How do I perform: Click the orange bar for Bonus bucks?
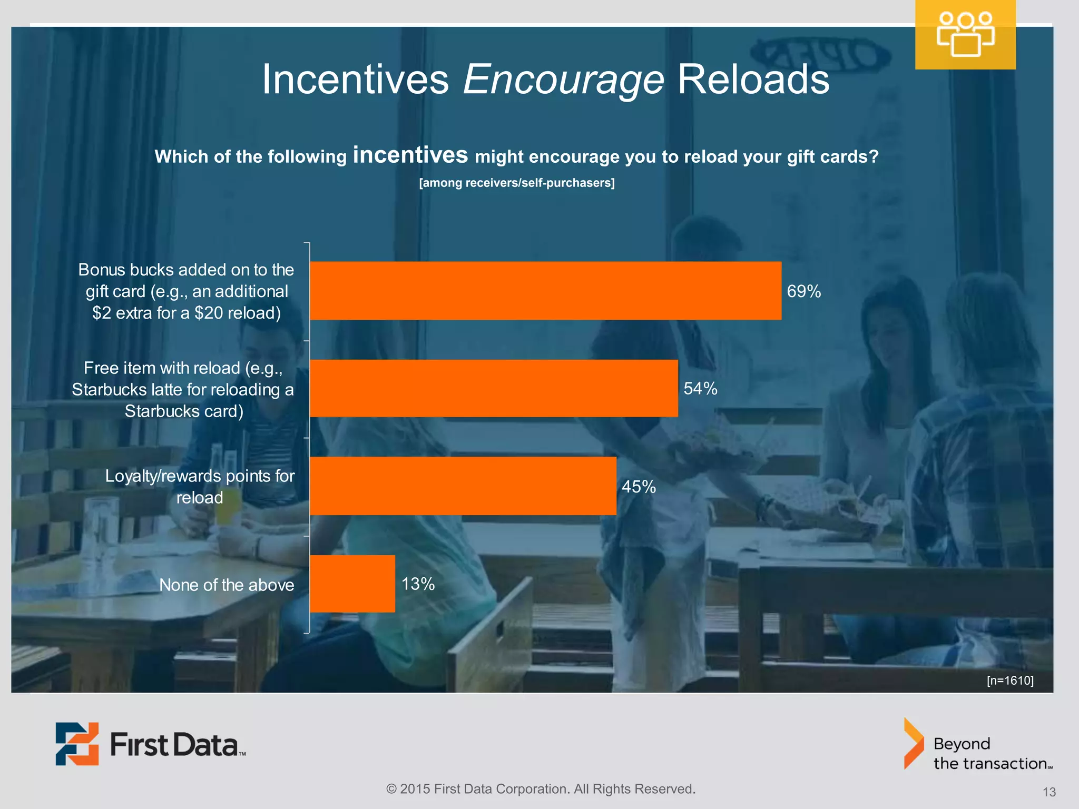[x=545, y=291]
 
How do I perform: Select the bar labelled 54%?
[x=494, y=389]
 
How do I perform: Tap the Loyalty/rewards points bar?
[x=463, y=486]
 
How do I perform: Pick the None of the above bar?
[x=352, y=584]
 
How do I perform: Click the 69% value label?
[x=803, y=291]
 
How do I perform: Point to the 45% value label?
[x=639, y=486]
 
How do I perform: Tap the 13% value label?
[x=418, y=584]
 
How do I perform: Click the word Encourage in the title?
[x=563, y=80]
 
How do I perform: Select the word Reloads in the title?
[x=753, y=80]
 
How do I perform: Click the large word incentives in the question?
[x=410, y=155]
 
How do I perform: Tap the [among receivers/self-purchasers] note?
[x=516, y=183]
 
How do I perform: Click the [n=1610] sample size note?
[x=1009, y=680]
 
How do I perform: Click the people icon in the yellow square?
[x=965, y=35]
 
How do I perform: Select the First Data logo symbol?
[x=77, y=744]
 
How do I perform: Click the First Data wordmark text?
[x=176, y=745]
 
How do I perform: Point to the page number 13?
[x=1048, y=792]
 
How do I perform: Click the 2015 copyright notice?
[x=541, y=789]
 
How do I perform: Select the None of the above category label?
[x=227, y=585]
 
